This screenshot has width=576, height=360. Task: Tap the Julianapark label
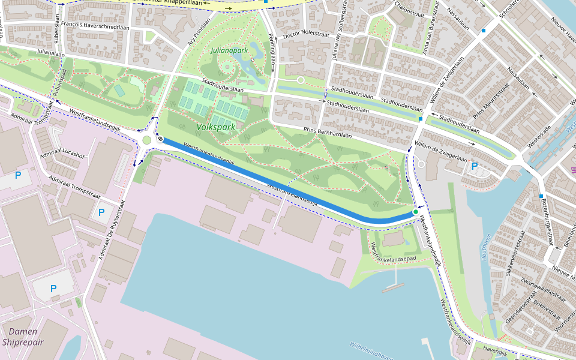(x=229, y=50)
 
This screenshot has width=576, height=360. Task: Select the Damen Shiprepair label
(x=23, y=337)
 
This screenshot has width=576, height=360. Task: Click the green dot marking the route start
(x=415, y=212)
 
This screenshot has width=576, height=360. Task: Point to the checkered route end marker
(x=160, y=139)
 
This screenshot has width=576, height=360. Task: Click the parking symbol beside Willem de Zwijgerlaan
(x=475, y=166)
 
